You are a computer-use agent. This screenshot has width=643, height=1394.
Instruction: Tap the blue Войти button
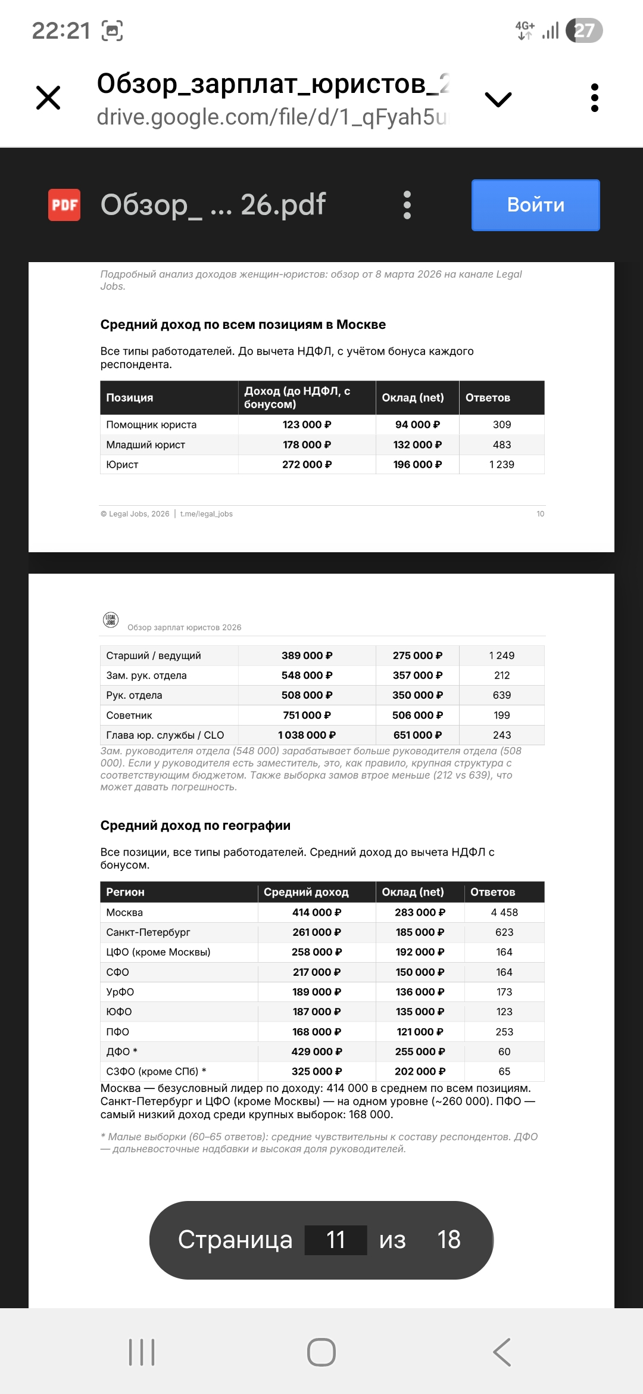click(x=535, y=205)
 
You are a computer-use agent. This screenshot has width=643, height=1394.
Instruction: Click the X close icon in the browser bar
click(x=48, y=98)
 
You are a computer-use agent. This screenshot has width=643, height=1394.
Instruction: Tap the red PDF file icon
click(x=64, y=205)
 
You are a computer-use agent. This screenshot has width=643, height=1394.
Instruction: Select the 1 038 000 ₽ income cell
click(x=307, y=735)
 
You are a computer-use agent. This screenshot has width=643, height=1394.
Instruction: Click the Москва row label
click(x=124, y=913)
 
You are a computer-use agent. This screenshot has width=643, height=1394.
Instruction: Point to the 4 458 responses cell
click(x=504, y=913)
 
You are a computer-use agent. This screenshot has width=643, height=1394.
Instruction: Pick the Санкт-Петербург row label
click(x=148, y=932)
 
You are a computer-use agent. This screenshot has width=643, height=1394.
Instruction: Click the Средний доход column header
click(x=306, y=892)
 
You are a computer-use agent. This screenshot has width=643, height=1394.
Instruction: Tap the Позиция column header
click(x=130, y=398)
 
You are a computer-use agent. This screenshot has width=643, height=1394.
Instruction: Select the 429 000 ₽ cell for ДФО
click(x=316, y=1051)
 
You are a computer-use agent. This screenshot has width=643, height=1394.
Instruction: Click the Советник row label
click(x=129, y=715)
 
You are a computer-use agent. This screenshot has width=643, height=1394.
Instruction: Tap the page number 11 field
click(x=336, y=1240)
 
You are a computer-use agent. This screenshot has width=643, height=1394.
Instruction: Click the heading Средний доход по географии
click(x=195, y=826)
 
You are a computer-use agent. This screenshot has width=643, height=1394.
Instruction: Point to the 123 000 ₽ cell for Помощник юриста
click(x=307, y=425)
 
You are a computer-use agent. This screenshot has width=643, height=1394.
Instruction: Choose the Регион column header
click(x=125, y=892)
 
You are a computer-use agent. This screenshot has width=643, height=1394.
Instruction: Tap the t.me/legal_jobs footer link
click(x=206, y=514)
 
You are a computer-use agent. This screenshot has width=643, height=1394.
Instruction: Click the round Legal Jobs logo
click(x=111, y=620)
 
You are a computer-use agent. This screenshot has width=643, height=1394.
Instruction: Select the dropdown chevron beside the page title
click(x=498, y=99)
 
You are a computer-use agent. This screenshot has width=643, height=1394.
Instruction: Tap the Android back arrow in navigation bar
click(x=502, y=1352)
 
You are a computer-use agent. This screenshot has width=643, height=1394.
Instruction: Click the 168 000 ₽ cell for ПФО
click(x=316, y=1032)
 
